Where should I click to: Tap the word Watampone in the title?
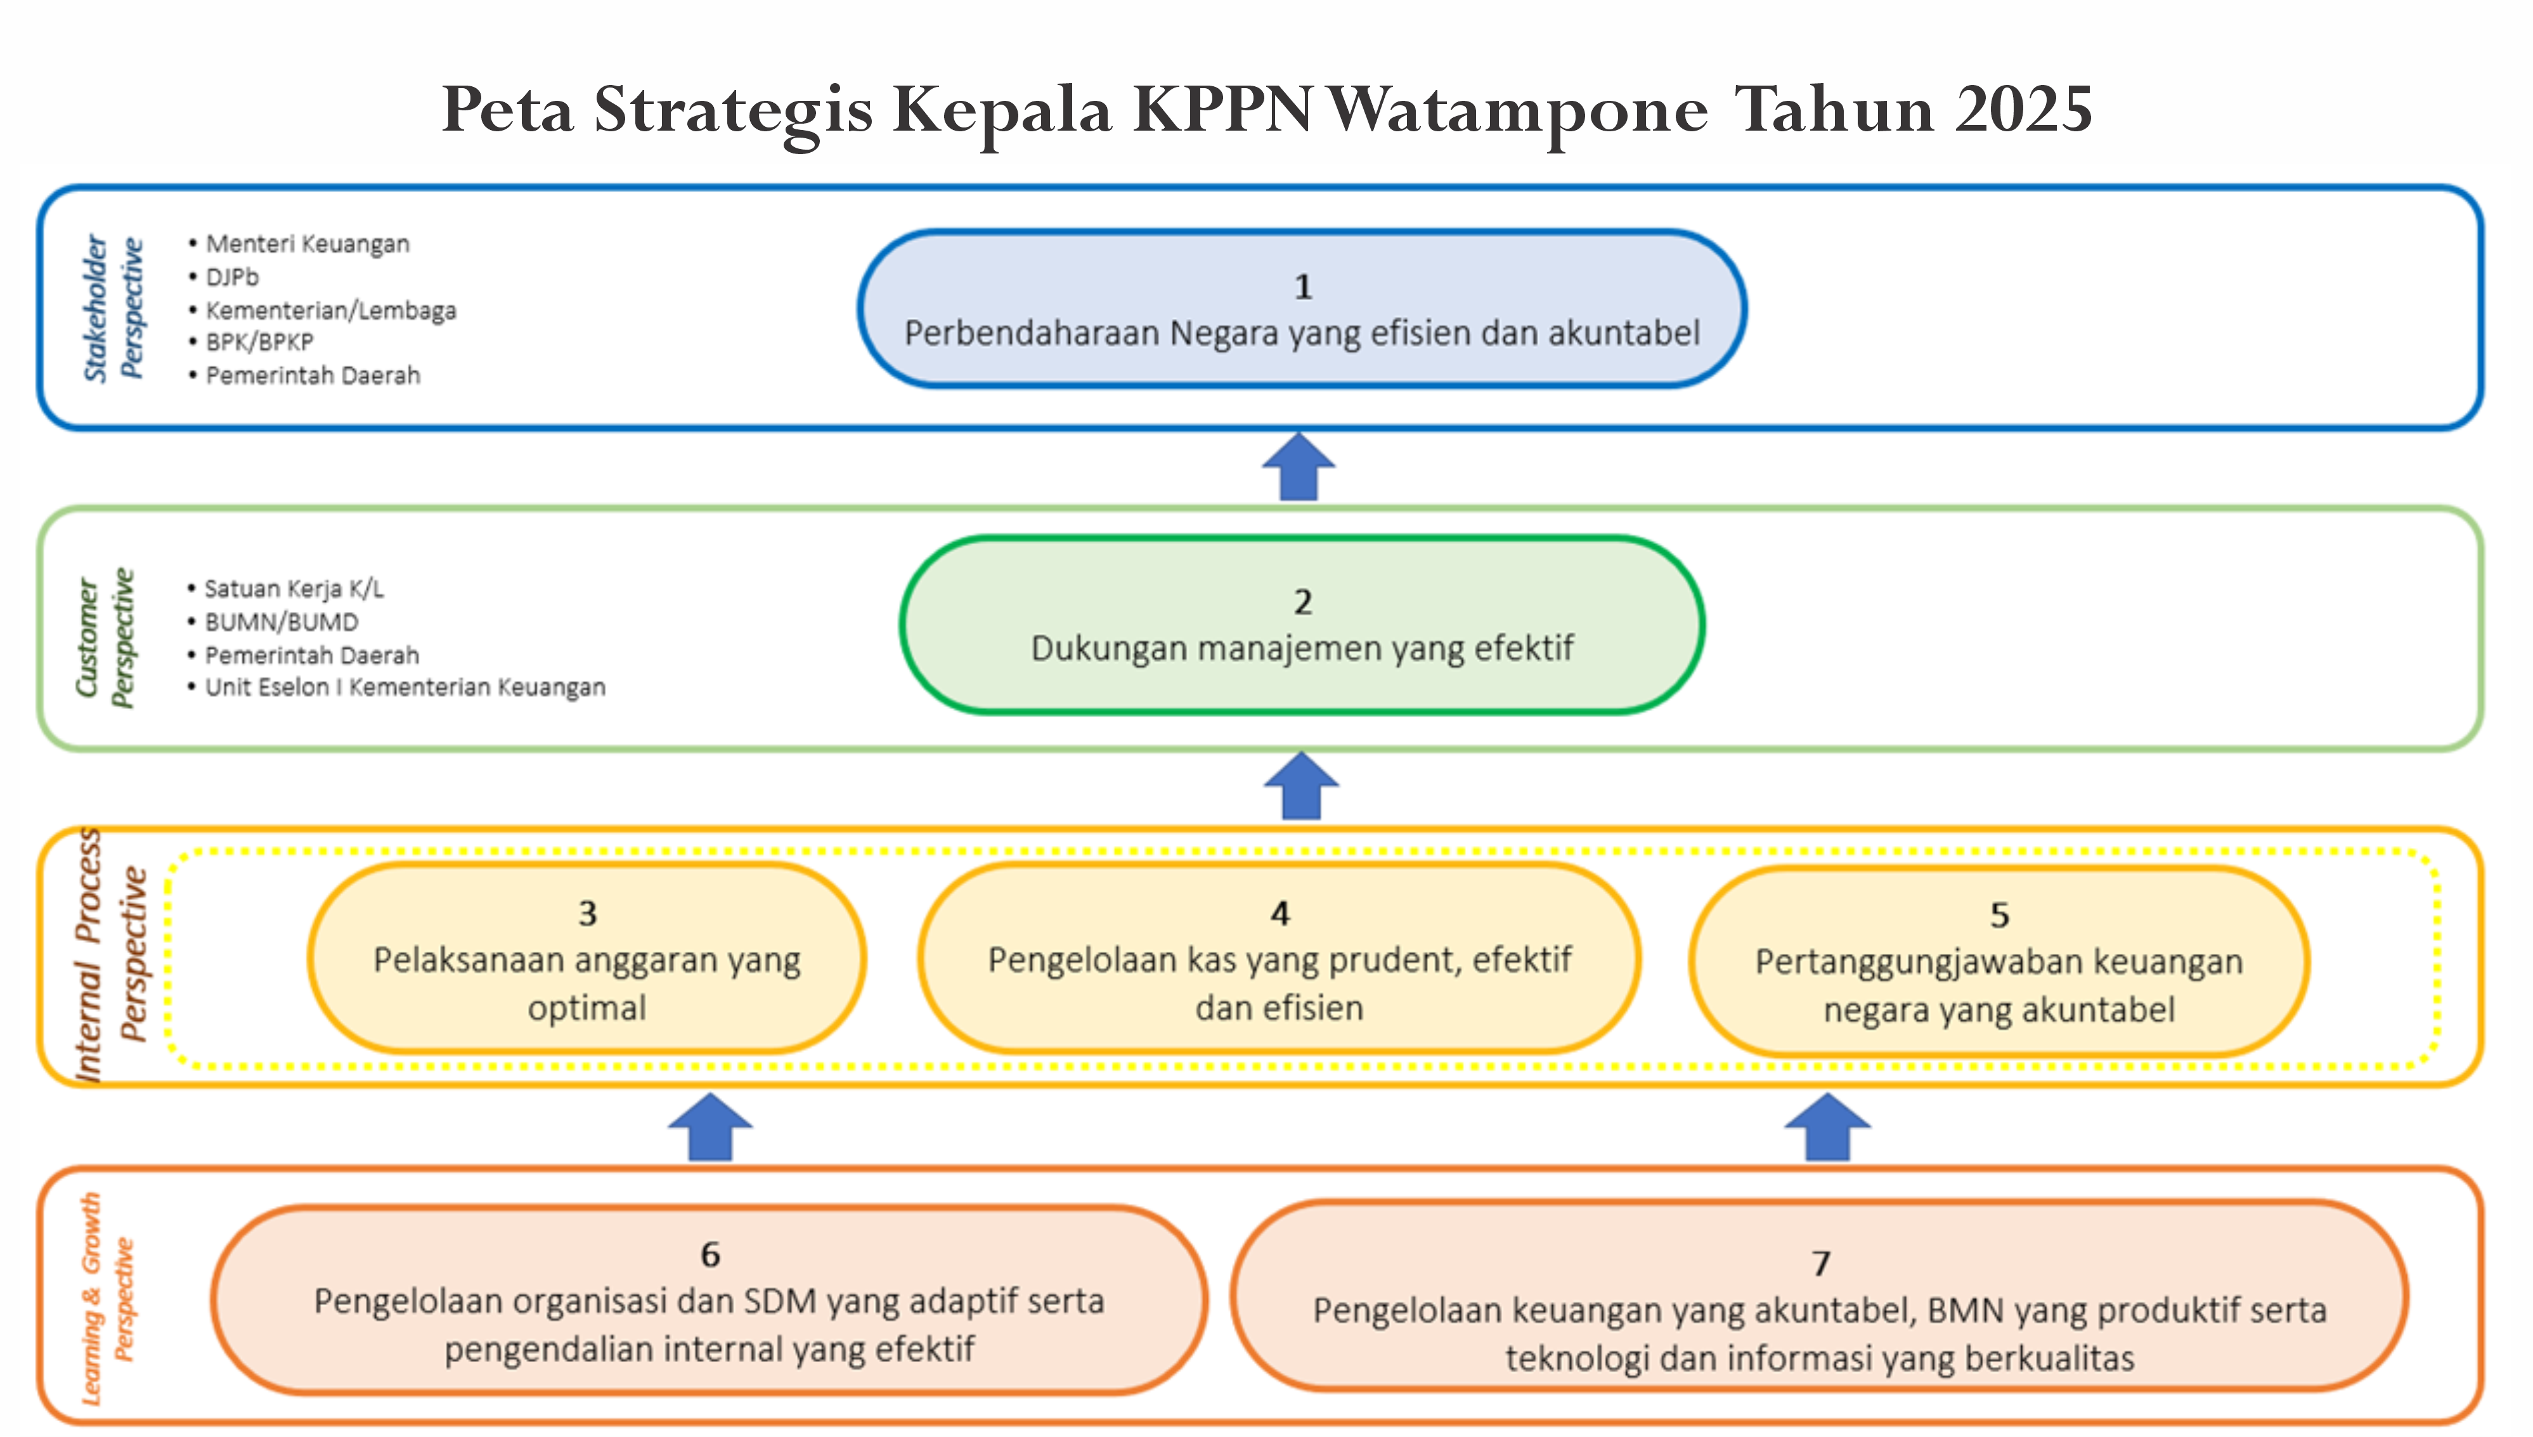pyautogui.click(x=1518, y=110)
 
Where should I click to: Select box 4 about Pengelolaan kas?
pyautogui.click(x=1279, y=958)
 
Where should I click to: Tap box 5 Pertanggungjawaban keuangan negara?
pyautogui.click(x=1999, y=961)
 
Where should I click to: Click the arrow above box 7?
pyautogui.click(x=1827, y=1126)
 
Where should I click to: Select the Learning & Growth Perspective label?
pyautogui.click(x=107, y=1298)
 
